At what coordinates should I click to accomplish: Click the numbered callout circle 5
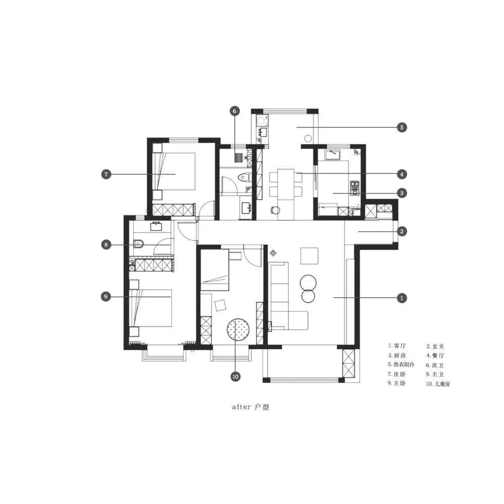point(402,128)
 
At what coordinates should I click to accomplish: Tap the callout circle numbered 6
point(235,111)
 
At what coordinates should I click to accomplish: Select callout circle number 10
point(235,376)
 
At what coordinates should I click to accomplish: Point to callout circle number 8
point(106,244)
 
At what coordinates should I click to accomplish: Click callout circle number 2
point(402,231)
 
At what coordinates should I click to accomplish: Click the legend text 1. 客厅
point(397,346)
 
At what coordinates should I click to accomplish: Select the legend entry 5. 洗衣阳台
point(401,364)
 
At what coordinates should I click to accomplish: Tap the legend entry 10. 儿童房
point(438,384)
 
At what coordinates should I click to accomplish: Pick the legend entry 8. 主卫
point(435,374)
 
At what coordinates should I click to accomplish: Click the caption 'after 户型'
point(250,407)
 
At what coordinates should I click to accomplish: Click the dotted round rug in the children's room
point(238,329)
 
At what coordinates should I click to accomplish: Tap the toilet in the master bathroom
point(139,244)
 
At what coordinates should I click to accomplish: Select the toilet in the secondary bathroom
point(244,177)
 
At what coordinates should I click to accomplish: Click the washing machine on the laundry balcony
point(261,121)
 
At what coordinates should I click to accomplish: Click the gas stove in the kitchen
point(354,188)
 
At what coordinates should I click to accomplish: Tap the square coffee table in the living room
point(309,256)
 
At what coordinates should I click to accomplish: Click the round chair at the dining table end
point(276,210)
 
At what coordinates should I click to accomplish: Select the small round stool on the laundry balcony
point(307,139)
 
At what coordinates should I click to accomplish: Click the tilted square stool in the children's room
point(221,305)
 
